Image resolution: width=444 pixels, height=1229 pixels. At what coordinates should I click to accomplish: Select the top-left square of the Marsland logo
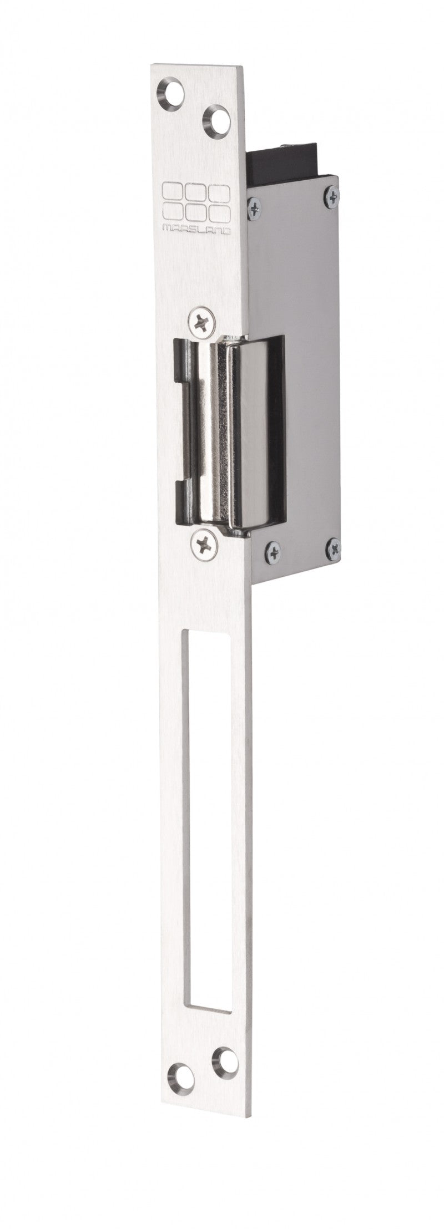tap(170, 189)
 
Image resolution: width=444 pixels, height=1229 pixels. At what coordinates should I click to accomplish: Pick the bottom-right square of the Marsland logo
tap(220, 211)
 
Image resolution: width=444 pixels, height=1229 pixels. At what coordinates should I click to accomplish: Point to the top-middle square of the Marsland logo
tap(196, 190)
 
